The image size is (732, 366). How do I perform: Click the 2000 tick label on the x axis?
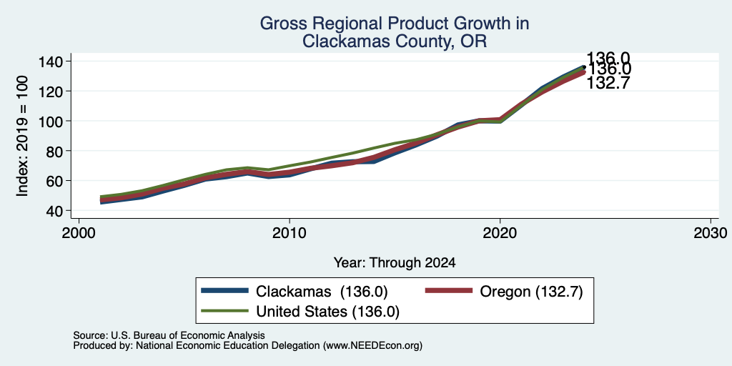coord(79,232)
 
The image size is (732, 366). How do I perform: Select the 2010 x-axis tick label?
coord(290,232)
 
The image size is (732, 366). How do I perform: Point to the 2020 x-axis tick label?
coord(500,232)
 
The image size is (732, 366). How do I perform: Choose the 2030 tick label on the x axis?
coord(711,232)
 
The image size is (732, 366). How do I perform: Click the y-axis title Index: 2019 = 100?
coord(22,136)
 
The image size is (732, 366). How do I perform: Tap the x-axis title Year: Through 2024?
coord(395,263)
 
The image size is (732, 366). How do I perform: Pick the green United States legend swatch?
coord(224,310)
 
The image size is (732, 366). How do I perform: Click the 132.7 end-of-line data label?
coord(608,83)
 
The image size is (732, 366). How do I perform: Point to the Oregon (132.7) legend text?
coord(531,292)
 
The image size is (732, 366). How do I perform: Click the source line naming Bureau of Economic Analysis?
coord(169,335)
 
